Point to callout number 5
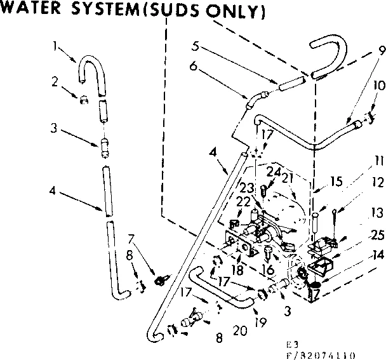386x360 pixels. [x=197, y=46]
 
